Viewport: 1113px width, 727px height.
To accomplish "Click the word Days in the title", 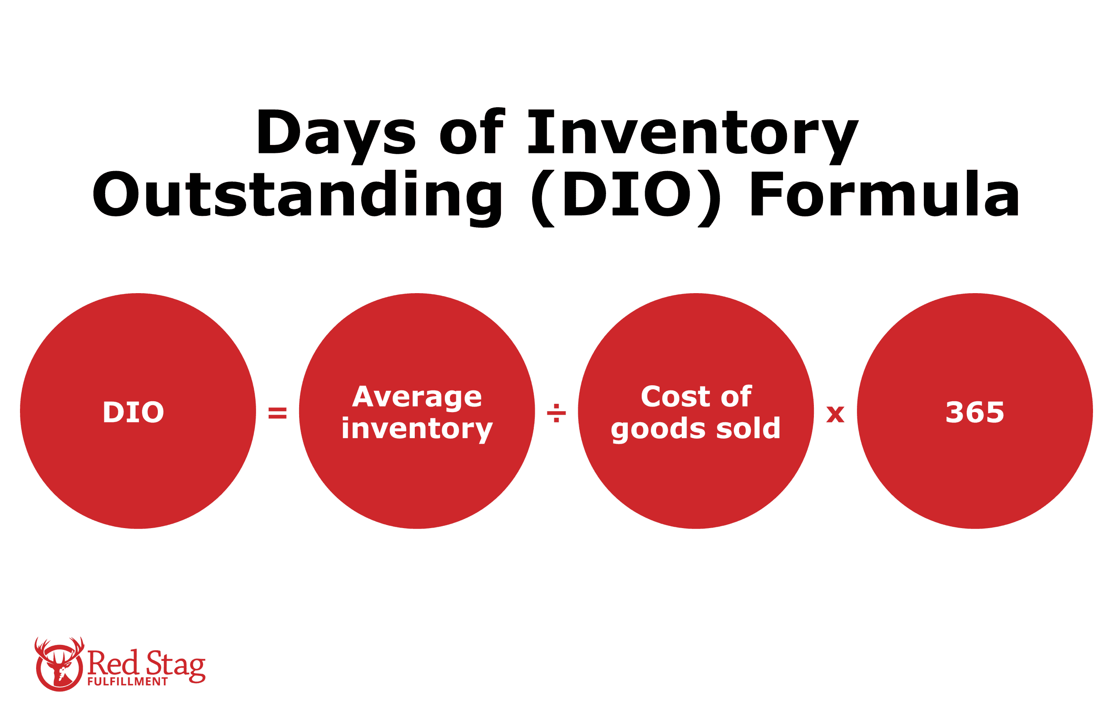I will coord(336,132).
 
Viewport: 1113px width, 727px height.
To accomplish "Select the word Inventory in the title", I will coord(693,132).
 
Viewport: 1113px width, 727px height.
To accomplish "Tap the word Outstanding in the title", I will coord(297,194).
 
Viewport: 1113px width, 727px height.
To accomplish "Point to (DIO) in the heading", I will coord(626,194).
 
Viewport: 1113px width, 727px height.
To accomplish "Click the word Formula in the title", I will coord(884,194).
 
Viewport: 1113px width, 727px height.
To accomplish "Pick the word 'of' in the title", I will coord(471,132).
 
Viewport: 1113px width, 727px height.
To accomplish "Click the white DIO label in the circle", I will coord(133,413).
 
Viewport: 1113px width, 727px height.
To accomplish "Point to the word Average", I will coord(417,397).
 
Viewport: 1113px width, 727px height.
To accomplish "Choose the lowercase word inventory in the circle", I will coord(417,429).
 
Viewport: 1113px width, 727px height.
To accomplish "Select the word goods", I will coord(657,429).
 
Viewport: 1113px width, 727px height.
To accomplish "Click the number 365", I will coord(975,413).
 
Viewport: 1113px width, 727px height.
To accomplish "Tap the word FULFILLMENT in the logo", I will coord(127,682).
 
